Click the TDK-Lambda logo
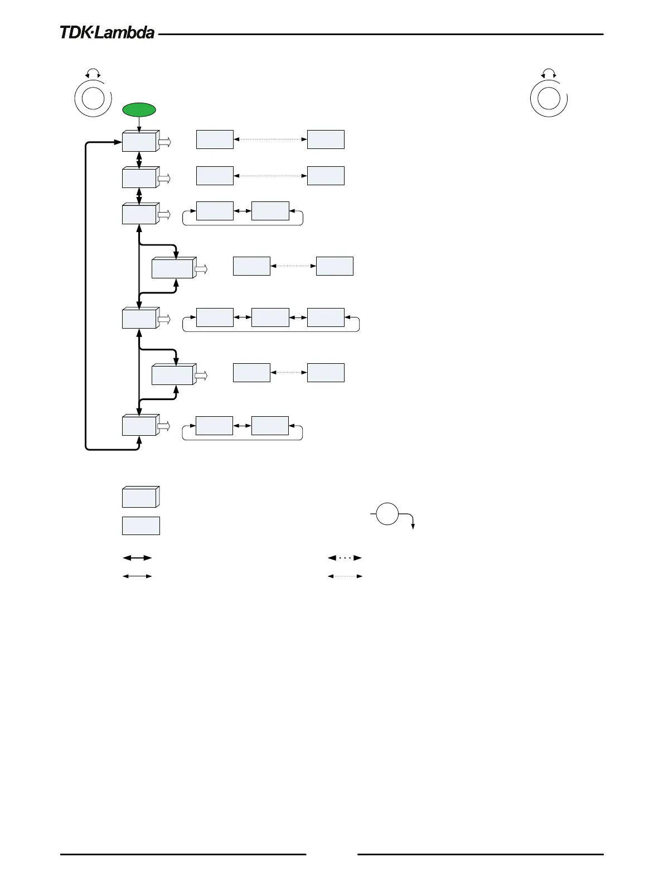click(x=107, y=33)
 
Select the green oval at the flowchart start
click(x=139, y=110)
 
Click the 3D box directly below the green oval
click(x=139, y=142)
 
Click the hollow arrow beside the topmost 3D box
click(x=164, y=142)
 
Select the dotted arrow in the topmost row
click(x=270, y=139)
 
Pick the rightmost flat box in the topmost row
click(x=326, y=139)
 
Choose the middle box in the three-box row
click(x=270, y=317)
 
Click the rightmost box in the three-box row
click(x=326, y=317)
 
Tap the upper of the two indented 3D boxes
click(x=173, y=268)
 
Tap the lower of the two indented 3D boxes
click(x=173, y=374)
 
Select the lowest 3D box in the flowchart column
click(x=139, y=426)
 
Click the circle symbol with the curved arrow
click(x=387, y=514)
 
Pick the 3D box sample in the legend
click(x=140, y=497)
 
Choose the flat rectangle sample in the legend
click(x=140, y=526)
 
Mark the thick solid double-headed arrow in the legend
click(x=137, y=557)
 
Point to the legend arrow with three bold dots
click(x=345, y=557)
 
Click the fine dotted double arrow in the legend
click(x=345, y=576)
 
